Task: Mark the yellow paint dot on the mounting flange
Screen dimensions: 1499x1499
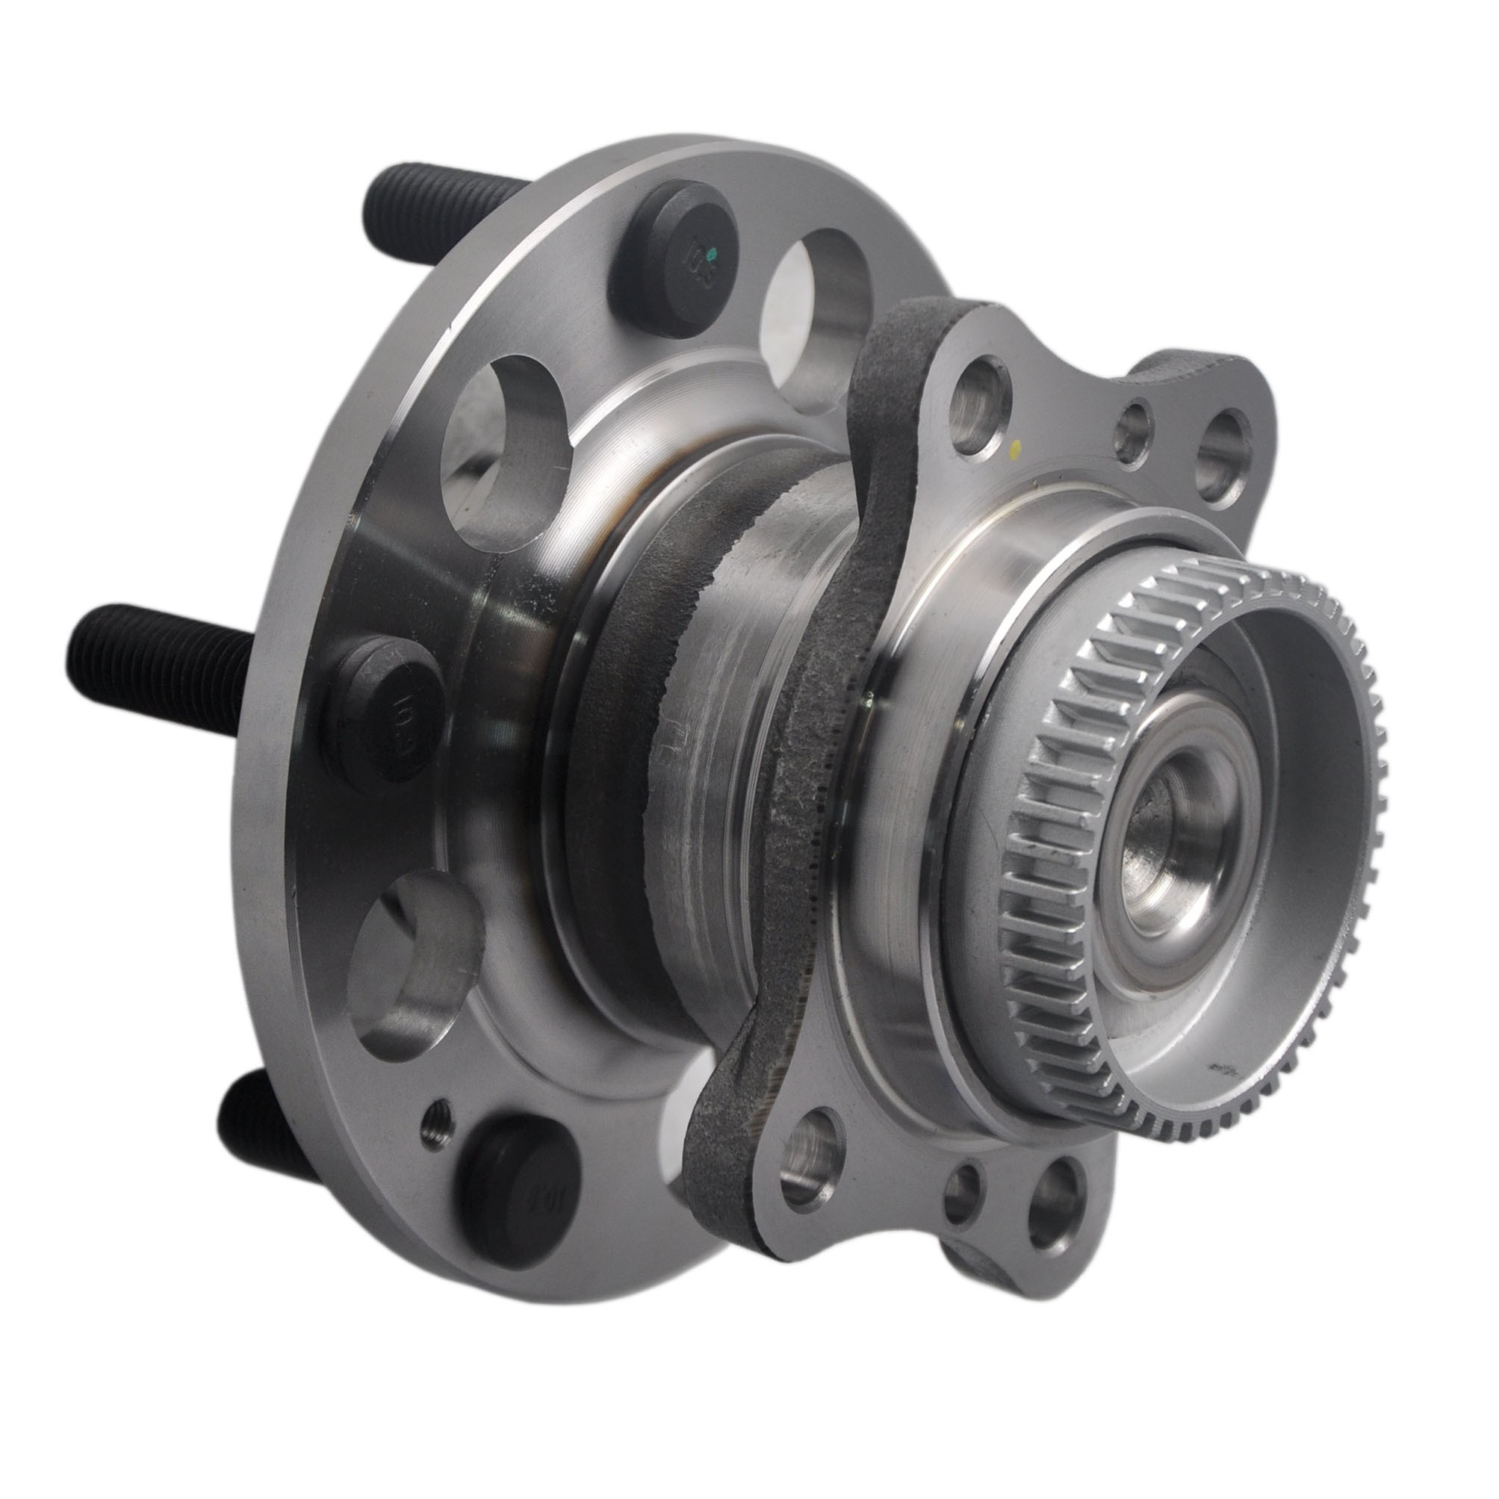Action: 1016,447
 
